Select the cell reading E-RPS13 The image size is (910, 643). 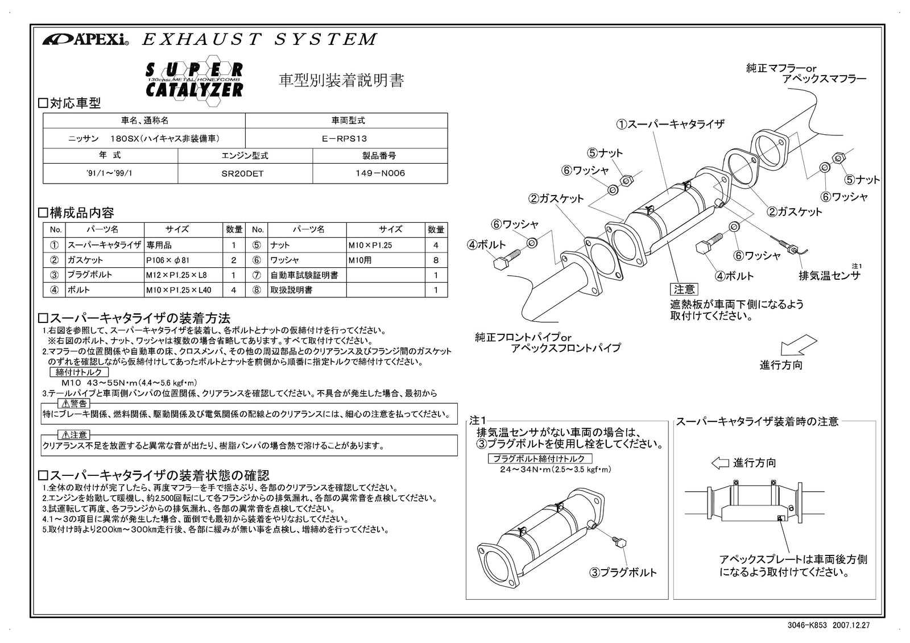[x=345, y=138]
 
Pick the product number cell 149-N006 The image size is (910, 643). [x=379, y=174]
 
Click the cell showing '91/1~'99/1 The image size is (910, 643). [x=110, y=173]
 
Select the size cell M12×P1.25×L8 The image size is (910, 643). [x=184, y=275]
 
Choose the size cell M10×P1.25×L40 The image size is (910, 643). [x=184, y=290]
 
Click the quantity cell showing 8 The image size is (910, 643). [x=436, y=260]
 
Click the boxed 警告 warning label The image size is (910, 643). [x=74, y=404]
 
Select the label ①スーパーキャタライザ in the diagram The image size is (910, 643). [x=671, y=124]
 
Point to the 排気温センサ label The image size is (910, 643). [x=829, y=276]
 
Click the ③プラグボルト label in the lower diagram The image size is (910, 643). [x=623, y=573]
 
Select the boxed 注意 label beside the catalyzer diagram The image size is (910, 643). [x=684, y=290]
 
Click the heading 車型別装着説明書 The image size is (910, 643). [x=341, y=81]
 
